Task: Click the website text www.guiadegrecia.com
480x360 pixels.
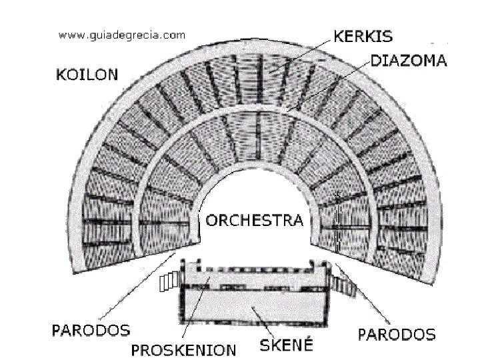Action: [122, 36]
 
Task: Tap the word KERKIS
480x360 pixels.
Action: [363, 35]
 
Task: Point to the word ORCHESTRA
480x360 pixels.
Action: [254, 221]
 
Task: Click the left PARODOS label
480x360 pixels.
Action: [91, 330]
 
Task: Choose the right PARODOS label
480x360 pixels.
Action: [397, 333]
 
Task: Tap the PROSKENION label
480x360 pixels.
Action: [184, 349]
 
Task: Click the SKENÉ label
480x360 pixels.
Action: [283, 346]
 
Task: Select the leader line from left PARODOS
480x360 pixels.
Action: [140, 287]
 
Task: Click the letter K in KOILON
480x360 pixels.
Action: [58, 75]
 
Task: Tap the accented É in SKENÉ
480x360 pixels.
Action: [306, 345]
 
